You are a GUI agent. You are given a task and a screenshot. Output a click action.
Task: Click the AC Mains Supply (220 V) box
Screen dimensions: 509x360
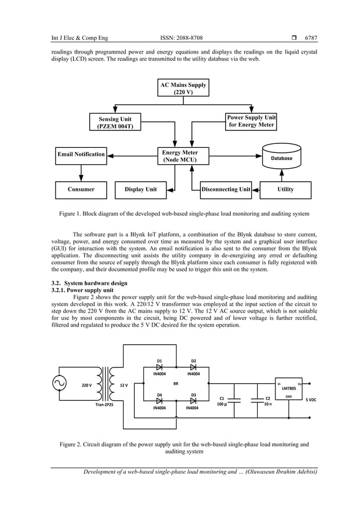(183, 89)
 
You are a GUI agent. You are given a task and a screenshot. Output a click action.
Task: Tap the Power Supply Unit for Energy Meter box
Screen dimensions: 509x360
(251, 121)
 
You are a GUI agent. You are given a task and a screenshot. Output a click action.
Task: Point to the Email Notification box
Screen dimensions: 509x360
(81, 154)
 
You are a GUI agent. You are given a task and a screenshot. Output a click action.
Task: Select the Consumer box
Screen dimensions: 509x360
(81, 190)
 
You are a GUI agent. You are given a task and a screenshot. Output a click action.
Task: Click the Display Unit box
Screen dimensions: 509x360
(141, 190)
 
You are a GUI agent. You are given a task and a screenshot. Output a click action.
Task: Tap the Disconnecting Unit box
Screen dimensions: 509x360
(226, 190)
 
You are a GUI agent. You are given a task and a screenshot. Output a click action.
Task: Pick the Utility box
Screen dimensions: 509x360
(286, 190)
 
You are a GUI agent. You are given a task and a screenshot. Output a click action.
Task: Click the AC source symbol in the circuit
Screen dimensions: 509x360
(60, 384)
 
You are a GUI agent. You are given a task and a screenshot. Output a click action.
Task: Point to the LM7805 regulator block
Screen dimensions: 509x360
(289, 389)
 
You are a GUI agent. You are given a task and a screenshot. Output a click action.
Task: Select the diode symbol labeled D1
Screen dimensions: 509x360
(160, 367)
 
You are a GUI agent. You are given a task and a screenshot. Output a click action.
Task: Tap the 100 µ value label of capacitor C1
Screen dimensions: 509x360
(222, 404)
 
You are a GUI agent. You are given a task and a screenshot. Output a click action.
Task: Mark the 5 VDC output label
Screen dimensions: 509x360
(311, 400)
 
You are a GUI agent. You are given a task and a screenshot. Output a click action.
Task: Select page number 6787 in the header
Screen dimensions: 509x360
(311, 38)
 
